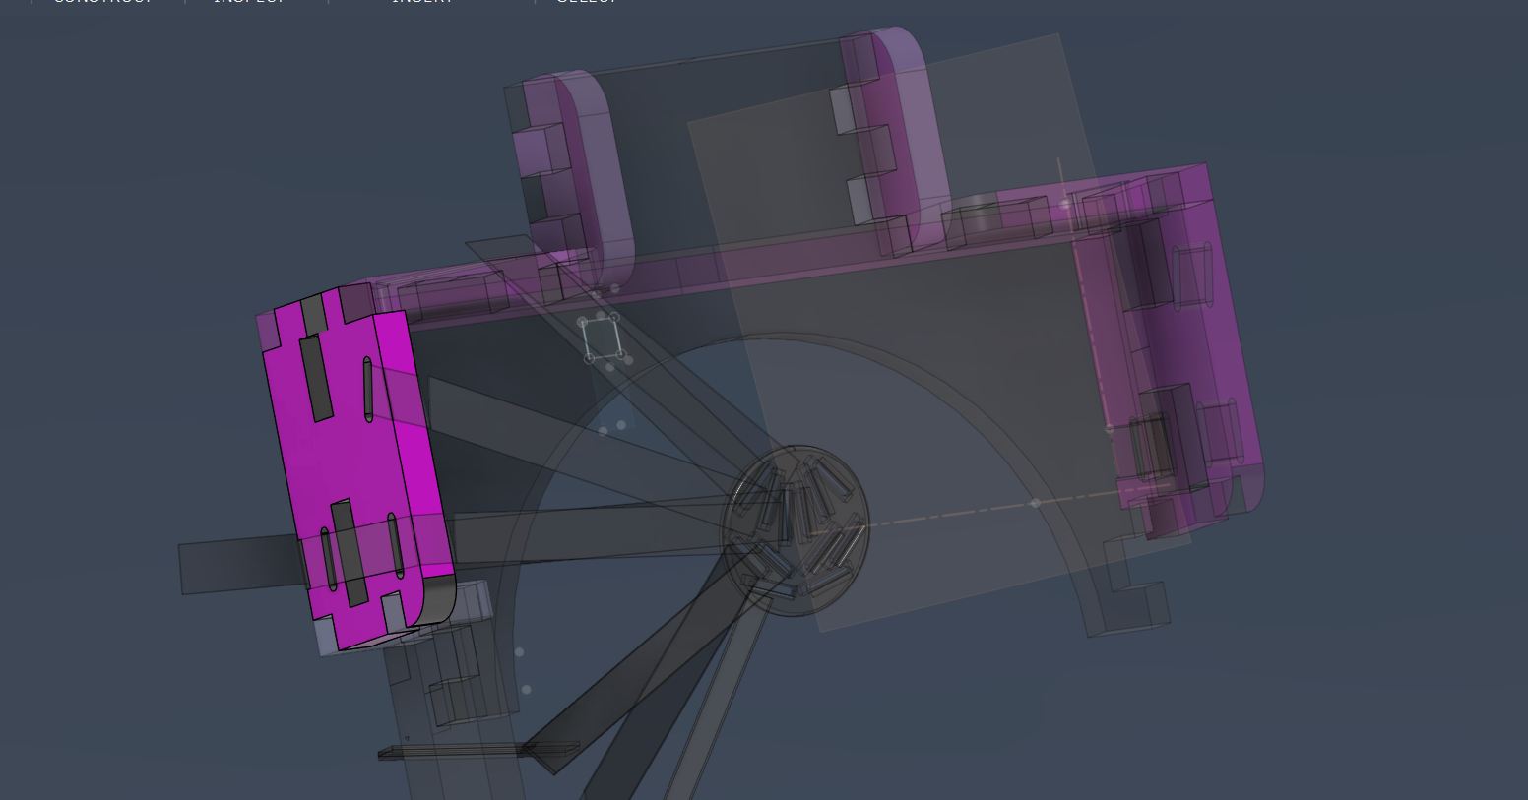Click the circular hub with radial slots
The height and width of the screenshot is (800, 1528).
pyautogui.click(x=796, y=531)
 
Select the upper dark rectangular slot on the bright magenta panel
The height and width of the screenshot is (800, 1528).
pyautogui.click(x=316, y=378)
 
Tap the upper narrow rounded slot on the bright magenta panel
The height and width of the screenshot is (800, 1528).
pyautogui.click(x=368, y=390)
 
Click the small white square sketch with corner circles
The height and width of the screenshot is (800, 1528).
pyautogui.click(x=602, y=338)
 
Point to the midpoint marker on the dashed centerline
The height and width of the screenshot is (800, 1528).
pyautogui.click(x=1035, y=503)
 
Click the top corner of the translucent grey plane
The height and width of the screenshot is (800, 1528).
pyautogui.click(x=1058, y=36)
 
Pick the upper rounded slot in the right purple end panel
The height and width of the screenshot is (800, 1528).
pyautogui.click(x=1193, y=277)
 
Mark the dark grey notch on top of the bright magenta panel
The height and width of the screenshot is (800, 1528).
pyautogui.click(x=313, y=313)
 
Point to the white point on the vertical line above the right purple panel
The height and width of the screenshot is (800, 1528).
pyautogui.click(x=1065, y=205)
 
